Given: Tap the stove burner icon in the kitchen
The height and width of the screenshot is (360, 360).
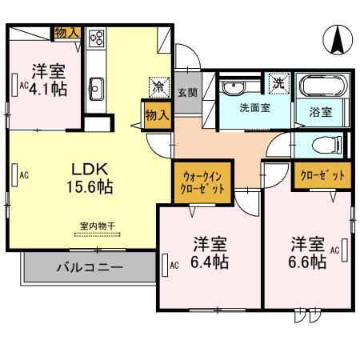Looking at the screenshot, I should [x=98, y=37].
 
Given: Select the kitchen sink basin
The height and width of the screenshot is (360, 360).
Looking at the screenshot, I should [x=98, y=86].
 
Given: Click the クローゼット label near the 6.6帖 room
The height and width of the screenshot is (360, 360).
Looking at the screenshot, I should [x=321, y=175].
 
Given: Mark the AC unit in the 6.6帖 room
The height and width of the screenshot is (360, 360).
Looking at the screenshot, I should [x=345, y=247].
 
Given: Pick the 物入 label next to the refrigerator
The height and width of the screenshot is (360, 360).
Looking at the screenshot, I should [x=157, y=114].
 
